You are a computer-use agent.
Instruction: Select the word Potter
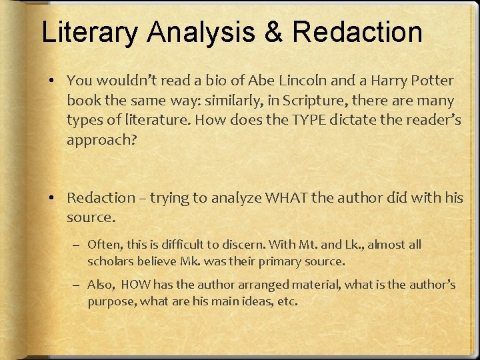coord(431,81)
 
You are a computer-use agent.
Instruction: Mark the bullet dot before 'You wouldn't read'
coord(52,81)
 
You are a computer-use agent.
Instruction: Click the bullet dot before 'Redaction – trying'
coord(52,198)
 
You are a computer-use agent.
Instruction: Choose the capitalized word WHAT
coord(287,198)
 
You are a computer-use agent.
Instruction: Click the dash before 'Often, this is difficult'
coord(77,245)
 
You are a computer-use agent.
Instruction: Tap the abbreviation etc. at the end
coord(287,301)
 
